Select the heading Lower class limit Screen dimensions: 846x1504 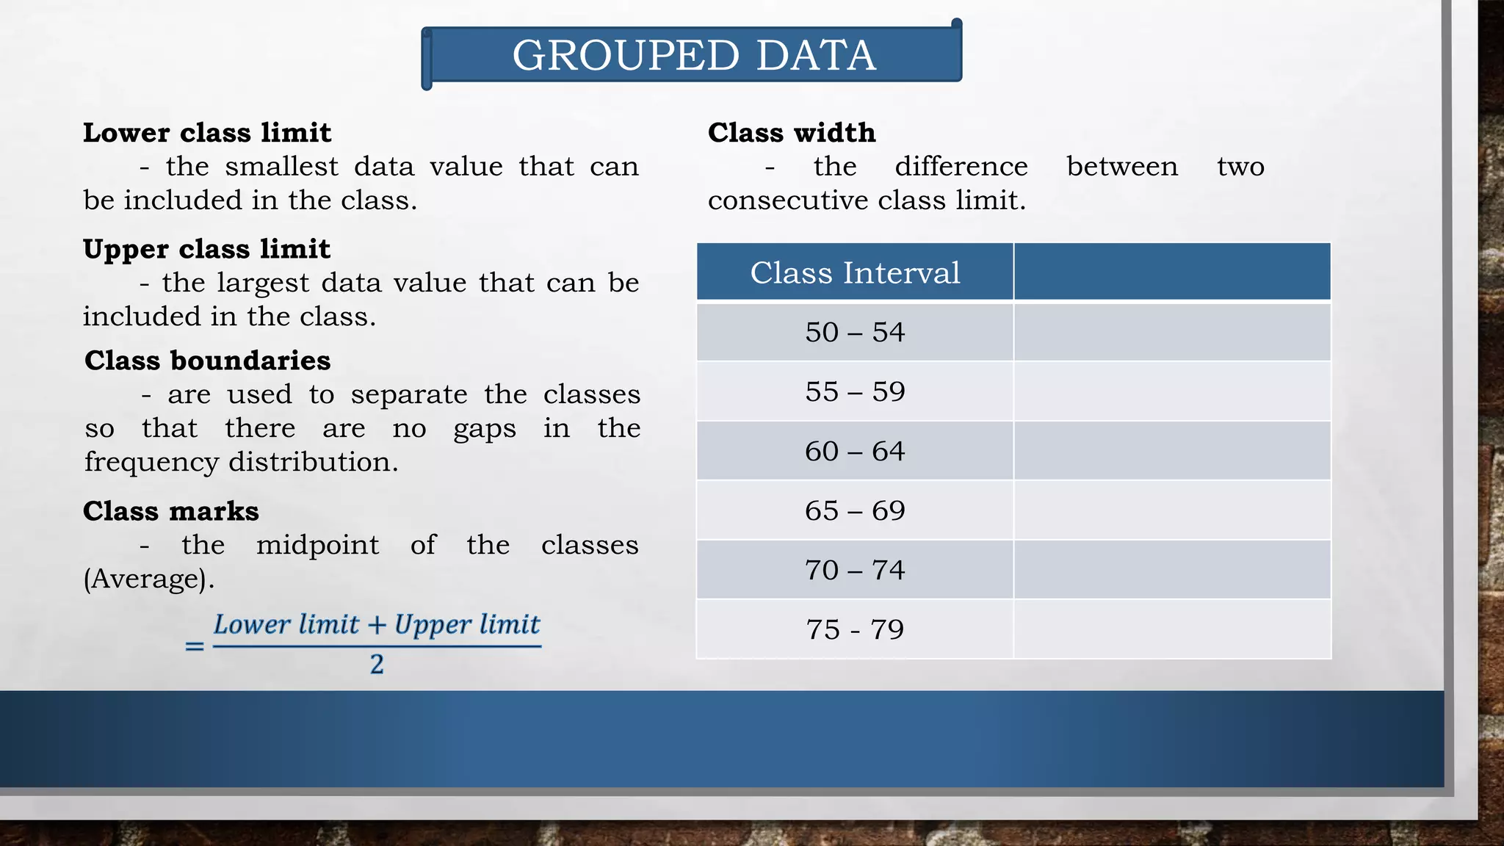[x=207, y=133]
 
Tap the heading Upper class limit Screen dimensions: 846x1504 [x=206, y=249]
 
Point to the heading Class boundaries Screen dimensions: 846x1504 [x=208, y=361]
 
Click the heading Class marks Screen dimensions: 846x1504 [x=171, y=511]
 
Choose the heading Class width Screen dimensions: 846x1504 [x=792, y=133]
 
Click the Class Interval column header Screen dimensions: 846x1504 [x=855, y=272]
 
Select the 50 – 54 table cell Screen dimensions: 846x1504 [x=855, y=332]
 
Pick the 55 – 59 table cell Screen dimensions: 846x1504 [x=855, y=391]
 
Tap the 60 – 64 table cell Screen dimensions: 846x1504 [x=855, y=451]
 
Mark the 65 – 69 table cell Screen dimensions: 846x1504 [x=855, y=510]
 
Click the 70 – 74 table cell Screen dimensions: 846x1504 [x=855, y=570]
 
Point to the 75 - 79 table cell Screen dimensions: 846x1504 [x=855, y=629]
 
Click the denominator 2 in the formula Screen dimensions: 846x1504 [x=377, y=665]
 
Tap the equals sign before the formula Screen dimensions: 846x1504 [x=195, y=646]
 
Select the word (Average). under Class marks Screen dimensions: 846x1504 [x=149, y=579]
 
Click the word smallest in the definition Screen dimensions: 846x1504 [x=281, y=167]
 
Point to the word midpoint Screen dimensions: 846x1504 [x=317, y=545]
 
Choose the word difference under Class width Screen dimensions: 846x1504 [x=961, y=167]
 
